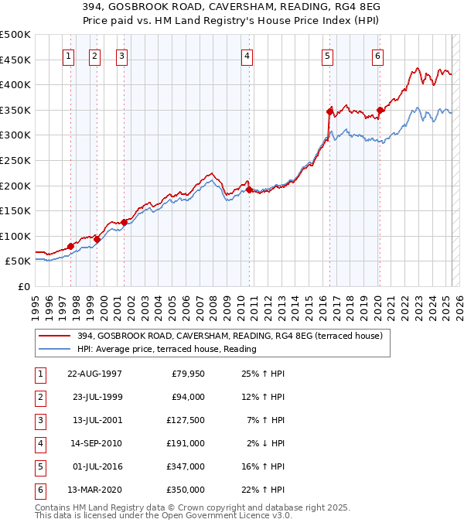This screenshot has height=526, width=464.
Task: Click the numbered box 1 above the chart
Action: click(69, 55)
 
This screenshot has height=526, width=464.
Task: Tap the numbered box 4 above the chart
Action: click(246, 55)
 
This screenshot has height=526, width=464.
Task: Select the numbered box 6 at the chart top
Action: click(377, 55)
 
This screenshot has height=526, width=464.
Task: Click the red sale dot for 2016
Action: click(329, 111)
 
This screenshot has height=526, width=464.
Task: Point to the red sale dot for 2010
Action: click(249, 190)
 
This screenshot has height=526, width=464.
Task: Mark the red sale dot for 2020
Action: click(380, 110)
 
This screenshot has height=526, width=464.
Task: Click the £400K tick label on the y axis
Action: click(15, 84)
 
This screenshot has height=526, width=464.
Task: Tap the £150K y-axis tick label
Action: click(15, 210)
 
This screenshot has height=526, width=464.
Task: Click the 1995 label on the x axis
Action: click(36, 302)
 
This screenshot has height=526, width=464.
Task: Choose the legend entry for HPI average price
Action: click(166, 349)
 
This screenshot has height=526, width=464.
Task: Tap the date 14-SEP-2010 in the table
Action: click(95, 443)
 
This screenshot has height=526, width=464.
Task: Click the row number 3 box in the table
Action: click(39, 420)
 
